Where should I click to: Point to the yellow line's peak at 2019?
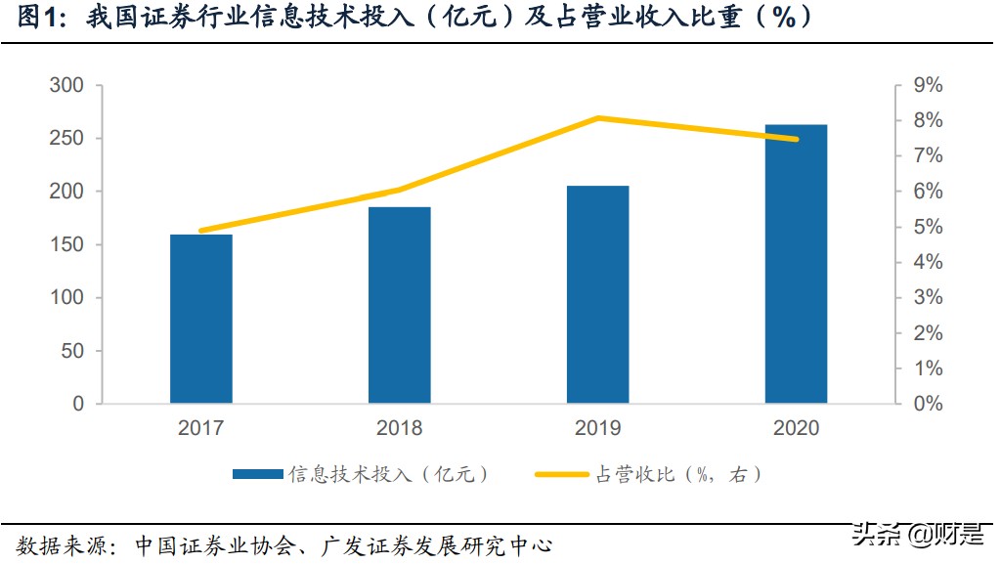click(597, 118)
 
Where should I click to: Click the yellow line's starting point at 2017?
click(201, 231)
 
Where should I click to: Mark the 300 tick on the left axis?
click(66, 86)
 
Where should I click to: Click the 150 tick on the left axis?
click(66, 244)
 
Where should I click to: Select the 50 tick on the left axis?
click(72, 351)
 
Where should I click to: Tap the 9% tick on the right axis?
click(928, 86)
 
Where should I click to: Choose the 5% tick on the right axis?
click(928, 227)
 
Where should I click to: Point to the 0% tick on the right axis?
click(928, 404)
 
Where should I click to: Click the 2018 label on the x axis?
click(400, 428)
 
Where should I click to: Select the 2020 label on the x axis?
click(796, 428)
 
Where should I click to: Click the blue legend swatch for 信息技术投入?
click(258, 475)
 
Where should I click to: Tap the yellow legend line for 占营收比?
click(564, 475)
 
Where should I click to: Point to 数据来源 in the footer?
click(54, 543)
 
